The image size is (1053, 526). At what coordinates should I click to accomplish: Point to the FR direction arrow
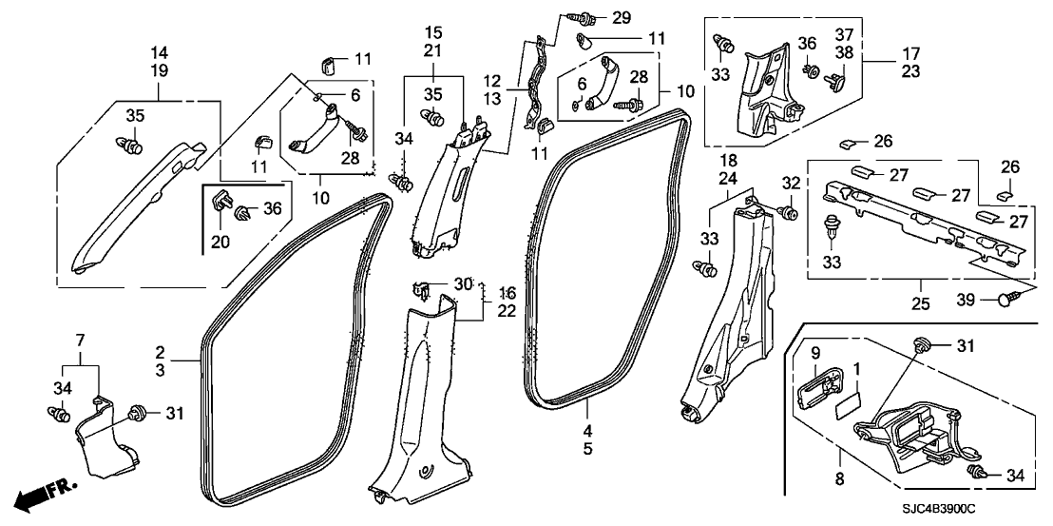tap(42, 493)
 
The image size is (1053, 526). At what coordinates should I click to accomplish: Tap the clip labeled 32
tap(788, 210)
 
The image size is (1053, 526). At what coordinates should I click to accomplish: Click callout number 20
tap(220, 243)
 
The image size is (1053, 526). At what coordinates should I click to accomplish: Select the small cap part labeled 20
tap(220, 202)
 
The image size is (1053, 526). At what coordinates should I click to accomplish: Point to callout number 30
tap(463, 283)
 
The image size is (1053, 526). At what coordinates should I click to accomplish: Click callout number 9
tap(814, 354)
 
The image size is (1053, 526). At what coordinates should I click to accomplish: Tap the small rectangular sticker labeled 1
tap(845, 407)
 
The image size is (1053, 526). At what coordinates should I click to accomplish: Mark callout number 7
tap(81, 340)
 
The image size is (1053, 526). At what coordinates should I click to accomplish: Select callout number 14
tap(159, 50)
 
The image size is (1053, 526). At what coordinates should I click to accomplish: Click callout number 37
tap(843, 34)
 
